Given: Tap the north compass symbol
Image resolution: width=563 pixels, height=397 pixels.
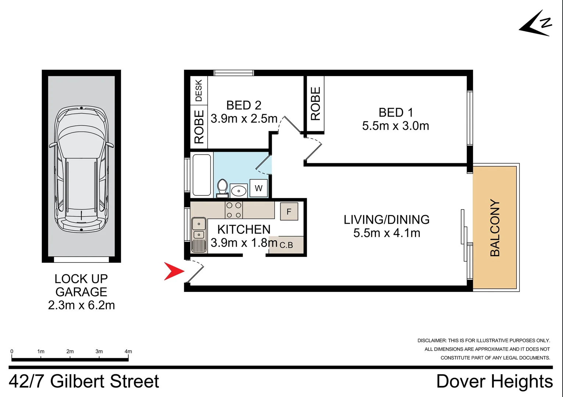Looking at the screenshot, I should tap(537, 25).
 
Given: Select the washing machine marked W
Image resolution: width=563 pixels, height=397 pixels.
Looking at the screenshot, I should tap(259, 188).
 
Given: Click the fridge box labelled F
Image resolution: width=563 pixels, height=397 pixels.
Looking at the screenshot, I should tap(289, 211).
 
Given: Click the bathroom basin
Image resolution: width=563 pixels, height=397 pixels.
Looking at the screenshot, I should tap(239, 191).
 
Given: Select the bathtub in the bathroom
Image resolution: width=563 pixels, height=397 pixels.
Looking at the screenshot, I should tap(202, 175).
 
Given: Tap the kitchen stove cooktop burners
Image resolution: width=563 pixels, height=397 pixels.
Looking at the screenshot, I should tap(234, 210).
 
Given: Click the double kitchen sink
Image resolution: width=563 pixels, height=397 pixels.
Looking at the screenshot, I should tap(199, 229).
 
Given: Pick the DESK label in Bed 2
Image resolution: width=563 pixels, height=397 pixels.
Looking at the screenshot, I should tap(199, 91).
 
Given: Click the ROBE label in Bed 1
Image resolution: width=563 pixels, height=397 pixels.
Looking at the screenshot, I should tap(315, 104).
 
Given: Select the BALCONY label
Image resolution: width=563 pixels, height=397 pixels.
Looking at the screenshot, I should tap(495, 228).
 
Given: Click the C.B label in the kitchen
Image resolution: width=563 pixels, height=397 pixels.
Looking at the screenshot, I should tap(286, 245).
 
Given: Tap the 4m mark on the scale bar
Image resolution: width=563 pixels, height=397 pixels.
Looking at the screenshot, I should tap(128, 352).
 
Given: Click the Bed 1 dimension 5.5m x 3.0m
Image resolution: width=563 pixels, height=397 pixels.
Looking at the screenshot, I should tap(395, 126).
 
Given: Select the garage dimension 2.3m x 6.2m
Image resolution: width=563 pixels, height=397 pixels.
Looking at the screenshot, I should tap(81, 305).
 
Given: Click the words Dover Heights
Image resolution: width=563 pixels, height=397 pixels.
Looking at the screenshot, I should tap(494, 381).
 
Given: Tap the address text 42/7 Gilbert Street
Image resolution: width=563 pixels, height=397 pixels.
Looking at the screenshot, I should tap(84, 381).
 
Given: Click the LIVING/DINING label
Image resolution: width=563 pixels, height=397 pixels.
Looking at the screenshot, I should tap(387, 219).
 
